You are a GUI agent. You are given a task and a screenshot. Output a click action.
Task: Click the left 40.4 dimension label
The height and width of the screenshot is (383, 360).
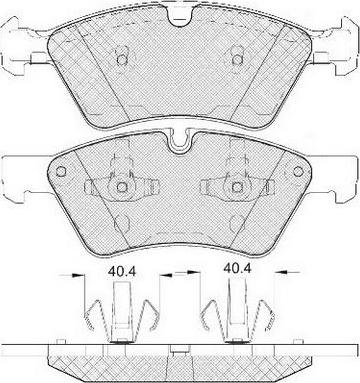[x=122, y=272]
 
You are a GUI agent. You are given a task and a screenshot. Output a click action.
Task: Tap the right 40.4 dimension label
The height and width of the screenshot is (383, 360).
[x=237, y=268]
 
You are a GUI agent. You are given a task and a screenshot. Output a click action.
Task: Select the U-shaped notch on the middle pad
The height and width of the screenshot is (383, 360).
[x=180, y=142]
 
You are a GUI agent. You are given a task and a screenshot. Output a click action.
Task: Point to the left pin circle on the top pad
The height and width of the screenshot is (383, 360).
[x=122, y=60]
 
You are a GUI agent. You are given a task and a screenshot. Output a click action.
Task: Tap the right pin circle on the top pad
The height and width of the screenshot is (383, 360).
[x=237, y=60]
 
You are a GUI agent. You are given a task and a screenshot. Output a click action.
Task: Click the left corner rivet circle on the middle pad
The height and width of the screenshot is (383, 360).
[x=61, y=171]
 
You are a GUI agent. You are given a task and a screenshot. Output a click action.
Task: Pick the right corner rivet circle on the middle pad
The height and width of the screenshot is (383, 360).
[x=298, y=171]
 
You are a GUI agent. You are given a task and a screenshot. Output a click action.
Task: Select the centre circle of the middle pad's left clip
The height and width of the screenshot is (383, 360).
[x=122, y=187]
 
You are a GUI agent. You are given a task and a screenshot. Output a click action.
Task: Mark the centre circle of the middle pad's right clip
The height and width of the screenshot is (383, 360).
[x=237, y=187]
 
